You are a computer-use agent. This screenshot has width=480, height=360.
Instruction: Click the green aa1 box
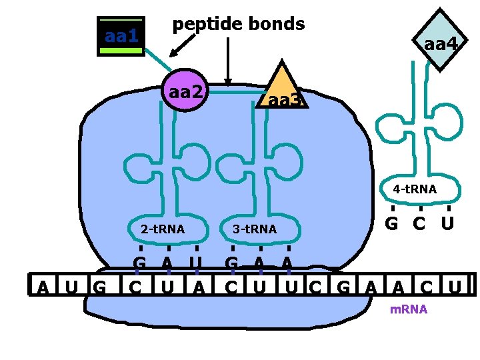coord(121,37)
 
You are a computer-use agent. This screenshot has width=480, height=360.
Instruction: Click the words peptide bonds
coord(238,24)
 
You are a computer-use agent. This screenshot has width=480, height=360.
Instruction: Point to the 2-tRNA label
coord(163,230)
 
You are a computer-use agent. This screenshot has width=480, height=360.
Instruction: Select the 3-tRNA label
coord(254,230)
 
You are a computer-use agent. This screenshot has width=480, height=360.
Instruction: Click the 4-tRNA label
coord(415,189)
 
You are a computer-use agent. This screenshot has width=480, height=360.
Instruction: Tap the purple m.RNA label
coord(409,310)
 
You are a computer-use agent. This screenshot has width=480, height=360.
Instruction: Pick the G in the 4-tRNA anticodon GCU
coord(393,223)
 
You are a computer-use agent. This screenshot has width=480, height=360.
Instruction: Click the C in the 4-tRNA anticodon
coord(419,223)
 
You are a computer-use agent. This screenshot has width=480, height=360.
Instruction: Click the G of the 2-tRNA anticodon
coord(139,262)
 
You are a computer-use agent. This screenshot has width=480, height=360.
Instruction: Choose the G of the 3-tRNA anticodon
coord(231,262)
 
